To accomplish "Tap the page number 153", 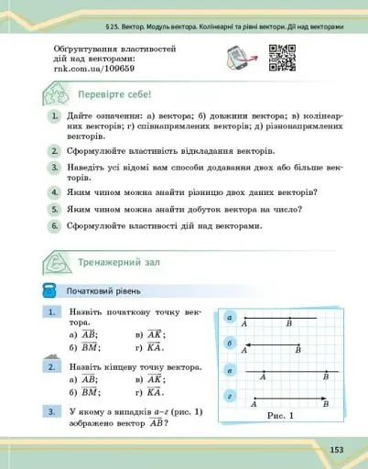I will pyautogui.click(x=337, y=449).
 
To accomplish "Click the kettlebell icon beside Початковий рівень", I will pyautogui.click(x=50, y=290).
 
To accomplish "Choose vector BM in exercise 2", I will pyautogui.click(x=91, y=392).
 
